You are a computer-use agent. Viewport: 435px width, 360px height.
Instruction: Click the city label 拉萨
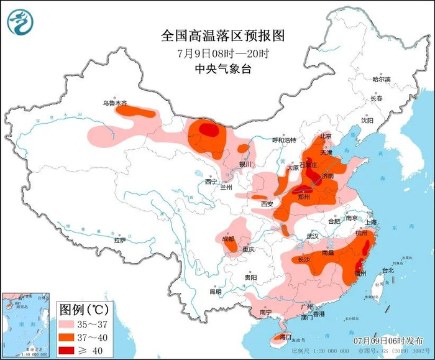click(120, 240)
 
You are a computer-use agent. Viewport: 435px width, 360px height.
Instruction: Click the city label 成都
click(228, 238)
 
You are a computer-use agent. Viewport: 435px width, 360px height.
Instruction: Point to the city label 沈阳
click(368, 121)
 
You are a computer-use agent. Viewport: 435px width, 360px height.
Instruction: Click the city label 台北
click(387, 270)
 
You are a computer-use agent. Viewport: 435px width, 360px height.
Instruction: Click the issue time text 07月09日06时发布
click(380, 341)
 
